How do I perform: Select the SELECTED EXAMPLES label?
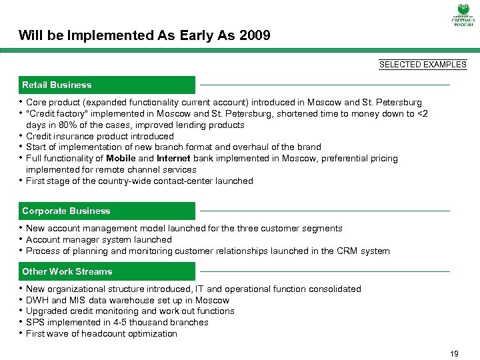click(x=423, y=65)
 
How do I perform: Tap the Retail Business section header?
click(x=57, y=85)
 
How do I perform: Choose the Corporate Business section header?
click(x=66, y=211)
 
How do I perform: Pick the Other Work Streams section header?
click(x=67, y=271)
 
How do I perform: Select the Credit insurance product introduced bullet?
click(x=99, y=136)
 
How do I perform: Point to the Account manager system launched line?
click(x=99, y=239)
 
